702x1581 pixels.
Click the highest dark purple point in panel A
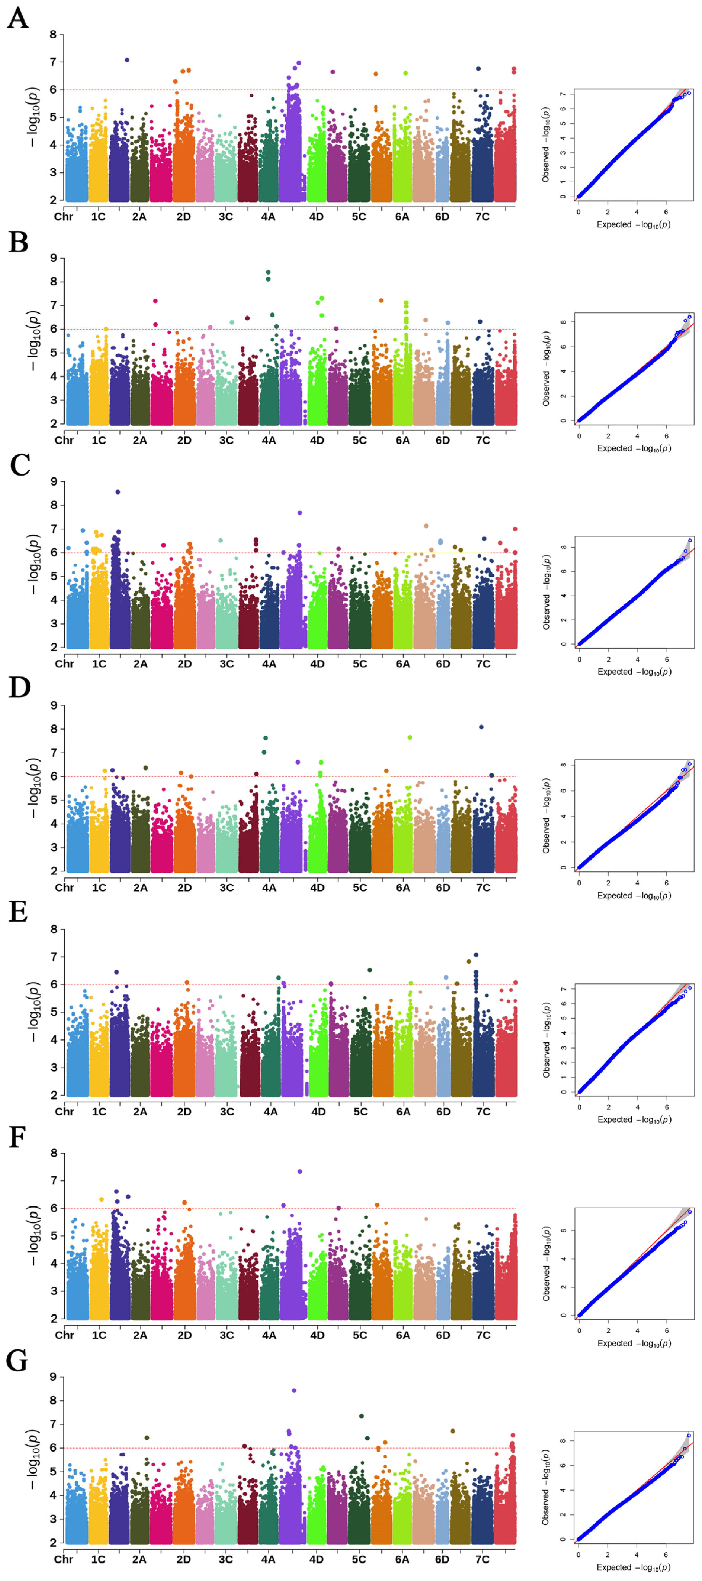click(127, 60)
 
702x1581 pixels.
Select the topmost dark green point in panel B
click(268, 272)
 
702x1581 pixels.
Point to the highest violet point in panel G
click(294, 1390)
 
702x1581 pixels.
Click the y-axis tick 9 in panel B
click(53, 259)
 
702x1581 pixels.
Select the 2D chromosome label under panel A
click(184, 217)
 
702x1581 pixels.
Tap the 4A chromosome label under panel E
click(270, 1111)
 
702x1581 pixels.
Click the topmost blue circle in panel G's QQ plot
click(689, 1436)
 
